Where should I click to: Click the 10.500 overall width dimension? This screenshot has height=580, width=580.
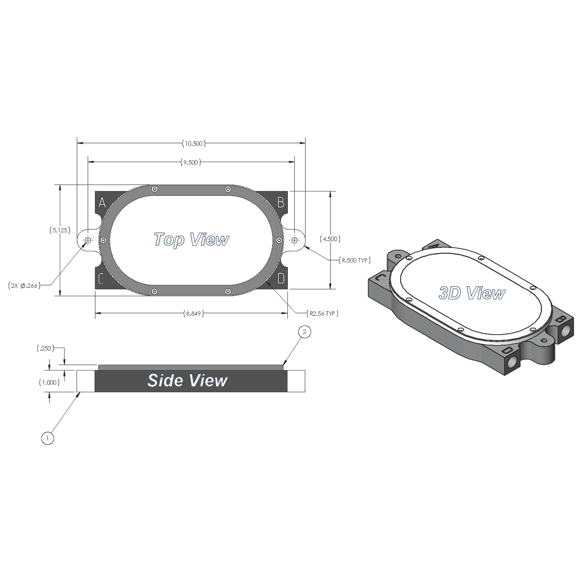pos(193,143)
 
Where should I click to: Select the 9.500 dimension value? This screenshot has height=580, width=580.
pos(191,163)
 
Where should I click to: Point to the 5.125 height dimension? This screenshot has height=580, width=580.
pos(60,230)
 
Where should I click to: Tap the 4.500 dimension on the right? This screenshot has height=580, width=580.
pos(330,239)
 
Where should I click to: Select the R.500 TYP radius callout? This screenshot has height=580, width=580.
pos(355,260)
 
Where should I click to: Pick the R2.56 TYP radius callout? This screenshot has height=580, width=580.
pos(322,313)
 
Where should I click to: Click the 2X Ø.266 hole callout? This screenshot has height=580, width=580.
pos(24,286)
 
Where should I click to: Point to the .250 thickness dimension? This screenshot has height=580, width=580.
pos(44,348)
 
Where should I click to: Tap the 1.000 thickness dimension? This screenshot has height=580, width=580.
pos(49,383)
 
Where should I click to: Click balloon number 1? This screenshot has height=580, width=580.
pos(47,438)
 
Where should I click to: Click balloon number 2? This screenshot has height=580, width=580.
pos(304,332)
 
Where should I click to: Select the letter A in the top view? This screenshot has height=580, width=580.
pos(102,203)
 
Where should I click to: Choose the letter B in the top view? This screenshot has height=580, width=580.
pos(281,202)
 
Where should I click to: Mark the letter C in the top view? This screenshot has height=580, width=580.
pos(101,278)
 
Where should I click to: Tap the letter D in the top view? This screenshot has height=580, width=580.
pos(281,278)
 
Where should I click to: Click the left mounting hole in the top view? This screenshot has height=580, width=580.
pos(88,240)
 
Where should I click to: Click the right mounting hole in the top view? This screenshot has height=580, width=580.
pos(295,240)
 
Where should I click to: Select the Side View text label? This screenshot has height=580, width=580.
pos(187,381)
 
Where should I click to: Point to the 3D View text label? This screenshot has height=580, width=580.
pos(472,293)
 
